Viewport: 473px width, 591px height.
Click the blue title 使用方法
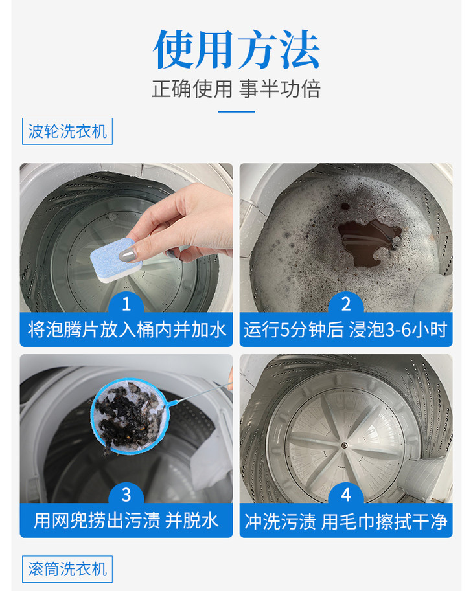click(x=236, y=49)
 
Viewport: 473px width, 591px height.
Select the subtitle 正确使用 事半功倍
click(x=236, y=89)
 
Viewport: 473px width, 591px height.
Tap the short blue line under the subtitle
click(x=236, y=111)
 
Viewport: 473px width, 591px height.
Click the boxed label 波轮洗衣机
click(x=67, y=131)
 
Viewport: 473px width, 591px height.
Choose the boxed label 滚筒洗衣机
click(x=67, y=569)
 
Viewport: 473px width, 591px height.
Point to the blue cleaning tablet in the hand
click(x=116, y=260)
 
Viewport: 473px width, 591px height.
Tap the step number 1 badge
click(x=126, y=304)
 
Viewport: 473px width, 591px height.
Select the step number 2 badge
click(x=346, y=304)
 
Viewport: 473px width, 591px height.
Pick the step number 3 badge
click(x=126, y=495)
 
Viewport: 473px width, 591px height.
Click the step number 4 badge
click(x=346, y=495)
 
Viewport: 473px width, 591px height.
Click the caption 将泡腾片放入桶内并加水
click(x=126, y=329)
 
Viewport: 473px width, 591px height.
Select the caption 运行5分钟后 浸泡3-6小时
click(x=346, y=329)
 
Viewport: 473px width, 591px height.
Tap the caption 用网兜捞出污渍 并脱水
click(x=126, y=520)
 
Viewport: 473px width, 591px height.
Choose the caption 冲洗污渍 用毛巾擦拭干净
click(x=346, y=520)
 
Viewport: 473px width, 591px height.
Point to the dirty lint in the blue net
click(x=126, y=414)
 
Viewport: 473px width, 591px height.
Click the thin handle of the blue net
click(x=200, y=393)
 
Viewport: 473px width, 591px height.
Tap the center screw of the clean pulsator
click(x=344, y=445)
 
